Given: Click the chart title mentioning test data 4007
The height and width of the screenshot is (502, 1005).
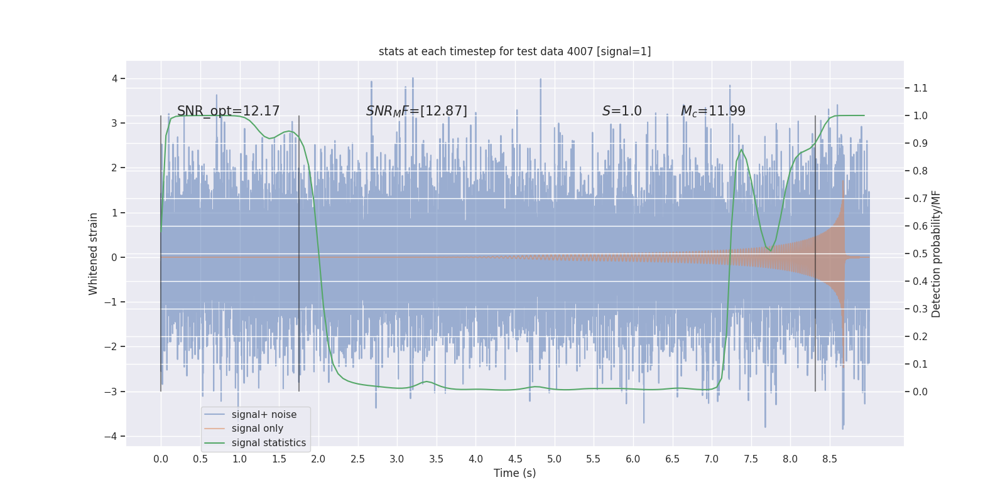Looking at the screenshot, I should point(514,51).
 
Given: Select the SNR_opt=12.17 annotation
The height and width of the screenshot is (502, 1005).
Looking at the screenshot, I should point(228,111).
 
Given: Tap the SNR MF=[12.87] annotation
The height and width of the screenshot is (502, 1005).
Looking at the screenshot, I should point(416,111).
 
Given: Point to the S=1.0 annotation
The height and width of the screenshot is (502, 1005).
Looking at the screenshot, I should point(622,111).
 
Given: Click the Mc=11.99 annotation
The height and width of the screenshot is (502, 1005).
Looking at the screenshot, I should point(713,111).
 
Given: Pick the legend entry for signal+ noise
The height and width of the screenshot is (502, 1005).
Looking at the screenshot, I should point(264,415).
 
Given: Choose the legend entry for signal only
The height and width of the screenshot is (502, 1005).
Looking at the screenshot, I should point(257,429).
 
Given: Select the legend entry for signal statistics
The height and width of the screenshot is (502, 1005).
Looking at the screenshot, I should point(268,443).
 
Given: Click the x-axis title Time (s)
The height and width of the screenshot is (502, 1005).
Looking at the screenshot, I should point(514,473).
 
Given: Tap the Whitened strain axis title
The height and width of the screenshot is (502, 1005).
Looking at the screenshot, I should point(94,254).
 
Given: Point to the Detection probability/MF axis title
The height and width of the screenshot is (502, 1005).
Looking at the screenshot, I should point(936,254).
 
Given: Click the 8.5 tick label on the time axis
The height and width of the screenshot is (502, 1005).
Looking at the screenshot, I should point(829,459).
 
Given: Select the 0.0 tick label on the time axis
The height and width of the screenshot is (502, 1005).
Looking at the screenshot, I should point(161,459).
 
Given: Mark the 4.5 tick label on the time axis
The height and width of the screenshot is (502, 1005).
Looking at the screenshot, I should point(515,459).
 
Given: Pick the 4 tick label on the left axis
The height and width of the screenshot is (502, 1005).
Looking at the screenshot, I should point(115,78).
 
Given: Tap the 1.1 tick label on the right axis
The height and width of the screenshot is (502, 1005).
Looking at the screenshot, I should point(920,88).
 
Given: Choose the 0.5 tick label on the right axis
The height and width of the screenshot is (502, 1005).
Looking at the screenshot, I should point(920,254).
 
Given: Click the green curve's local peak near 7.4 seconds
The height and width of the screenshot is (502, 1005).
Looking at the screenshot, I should point(742,149).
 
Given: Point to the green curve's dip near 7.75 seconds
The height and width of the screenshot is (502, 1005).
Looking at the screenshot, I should point(770,250).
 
